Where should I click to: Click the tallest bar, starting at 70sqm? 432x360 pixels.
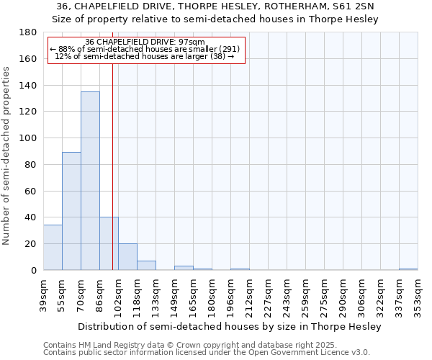(90, 180)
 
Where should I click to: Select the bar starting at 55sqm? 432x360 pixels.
(71, 210)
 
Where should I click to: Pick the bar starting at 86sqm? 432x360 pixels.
(109, 243)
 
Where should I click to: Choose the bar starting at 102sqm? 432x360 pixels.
(127, 256)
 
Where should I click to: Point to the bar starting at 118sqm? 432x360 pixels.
(146, 265)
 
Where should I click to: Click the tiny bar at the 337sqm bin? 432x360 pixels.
(408, 269)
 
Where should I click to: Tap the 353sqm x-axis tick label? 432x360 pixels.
(418, 296)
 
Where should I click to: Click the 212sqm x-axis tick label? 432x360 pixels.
(249, 296)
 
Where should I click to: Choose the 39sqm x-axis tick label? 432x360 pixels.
(43, 296)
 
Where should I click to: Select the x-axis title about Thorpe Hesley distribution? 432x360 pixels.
(229, 326)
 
